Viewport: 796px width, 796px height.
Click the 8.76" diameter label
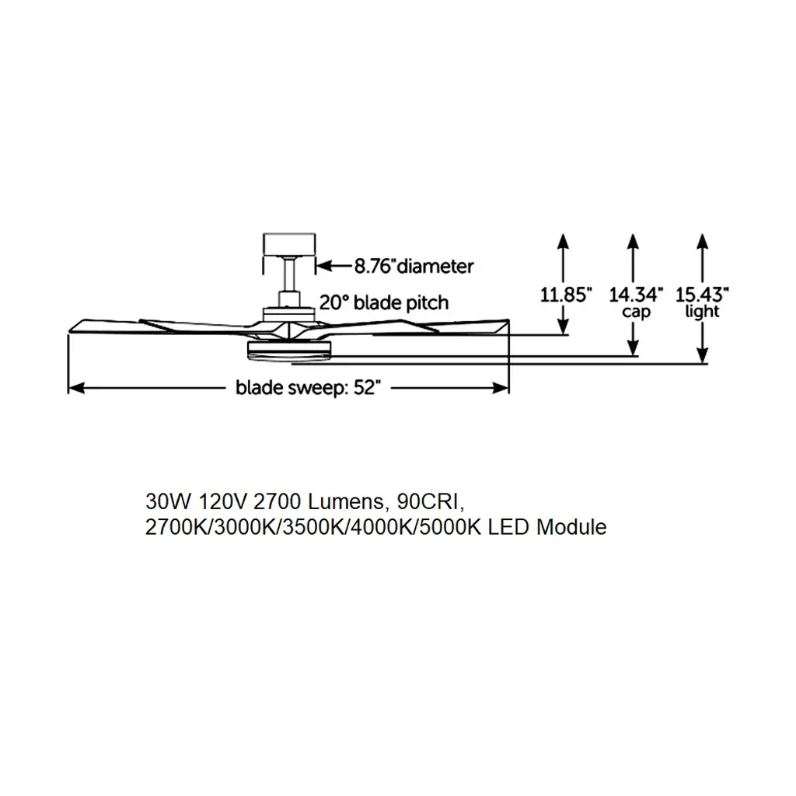point(414,266)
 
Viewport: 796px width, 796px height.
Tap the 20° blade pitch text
point(384,302)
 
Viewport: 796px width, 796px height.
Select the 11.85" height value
point(566,295)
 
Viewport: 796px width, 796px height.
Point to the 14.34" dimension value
point(636,295)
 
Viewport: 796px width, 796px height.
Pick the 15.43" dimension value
point(702,295)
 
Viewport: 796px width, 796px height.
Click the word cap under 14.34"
point(636,312)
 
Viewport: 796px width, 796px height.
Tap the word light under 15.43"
point(702,311)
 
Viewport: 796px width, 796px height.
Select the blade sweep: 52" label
point(308,388)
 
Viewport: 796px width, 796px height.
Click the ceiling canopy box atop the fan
point(289,245)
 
